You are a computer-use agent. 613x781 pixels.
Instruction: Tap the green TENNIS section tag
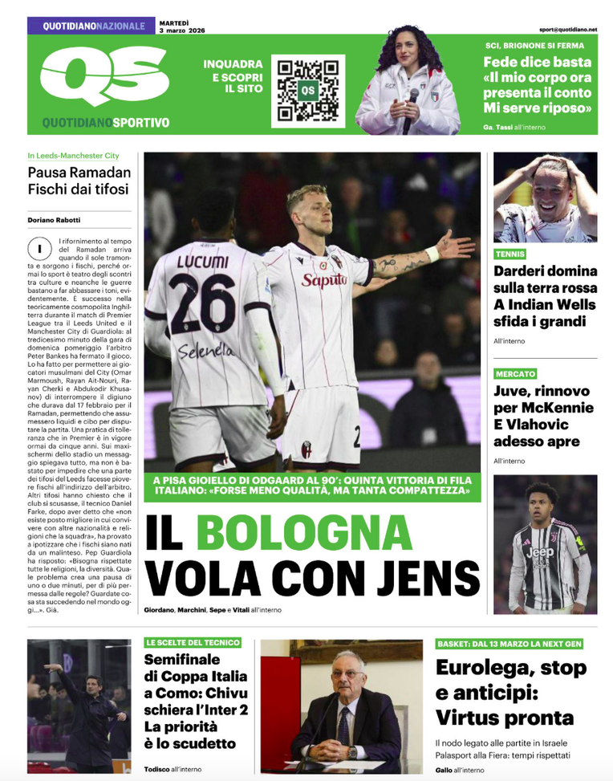(511, 254)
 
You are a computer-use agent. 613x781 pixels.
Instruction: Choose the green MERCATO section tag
(515, 373)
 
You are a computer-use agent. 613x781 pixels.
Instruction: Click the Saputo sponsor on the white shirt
(323, 279)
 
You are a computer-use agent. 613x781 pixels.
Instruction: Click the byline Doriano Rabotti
(54, 221)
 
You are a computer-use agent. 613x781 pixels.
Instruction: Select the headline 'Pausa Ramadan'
(79, 172)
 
